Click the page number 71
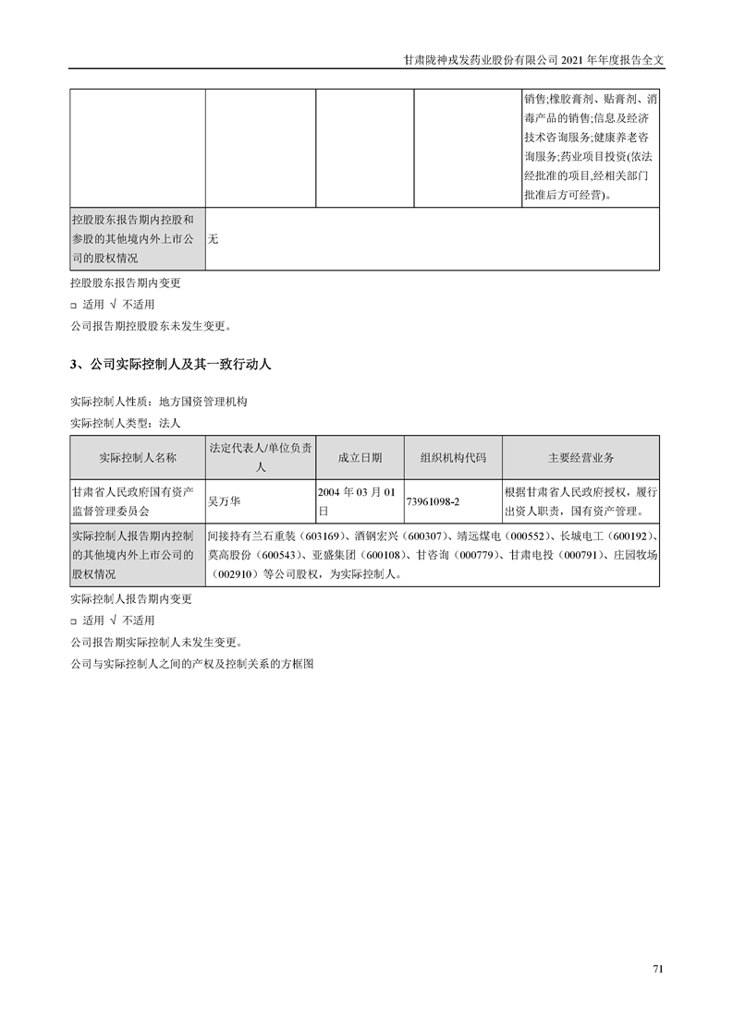point(658,969)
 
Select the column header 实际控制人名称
point(138,458)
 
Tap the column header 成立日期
point(360,458)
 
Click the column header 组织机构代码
point(453,458)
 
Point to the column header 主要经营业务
point(580,458)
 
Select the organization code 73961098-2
point(433,500)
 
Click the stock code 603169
point(323,536)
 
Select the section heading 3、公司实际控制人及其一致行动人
point(171,365)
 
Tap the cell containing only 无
point(214,239)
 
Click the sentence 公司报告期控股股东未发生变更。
point(152,325)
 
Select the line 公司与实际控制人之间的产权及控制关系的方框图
point(192,663)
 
